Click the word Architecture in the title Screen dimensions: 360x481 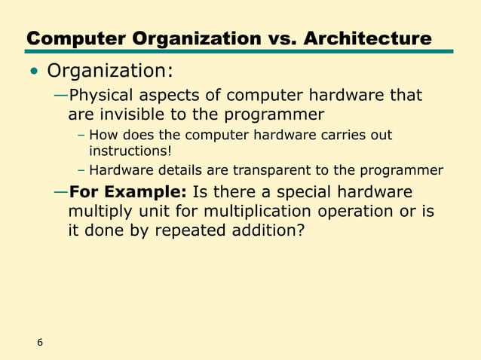click(x=367, y=38)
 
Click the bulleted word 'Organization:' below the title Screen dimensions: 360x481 click(x=110, y=72)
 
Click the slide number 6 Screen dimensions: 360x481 click(x=40, y=343)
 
